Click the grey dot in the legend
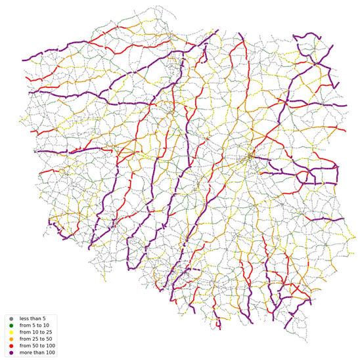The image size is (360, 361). [11, 318]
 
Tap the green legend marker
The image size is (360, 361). [11, 326]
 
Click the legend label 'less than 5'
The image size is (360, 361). [32, 318]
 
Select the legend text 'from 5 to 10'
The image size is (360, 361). [34, 326]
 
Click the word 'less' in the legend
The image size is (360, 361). [24, 318]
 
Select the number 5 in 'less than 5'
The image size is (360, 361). [43, 318]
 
